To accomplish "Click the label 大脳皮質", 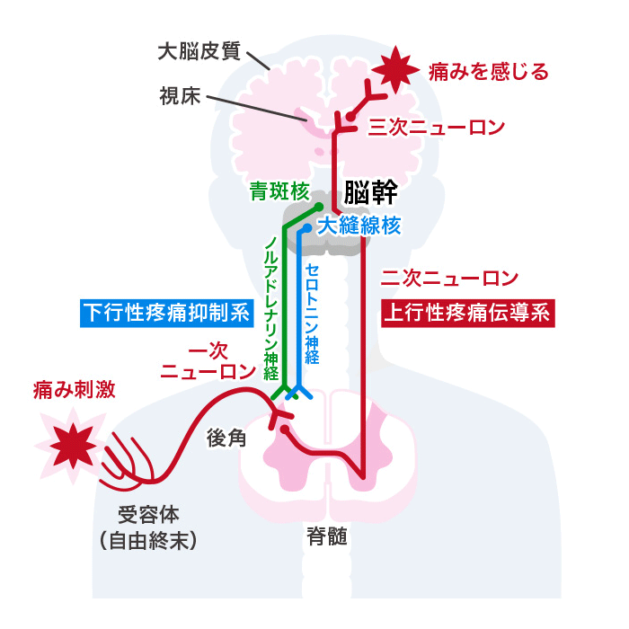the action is (x=199, y=51).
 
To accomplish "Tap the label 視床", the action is (x=180, y=96).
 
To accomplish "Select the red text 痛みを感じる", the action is (x=488, y=72).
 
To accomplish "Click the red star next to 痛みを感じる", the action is (x=395, y=70).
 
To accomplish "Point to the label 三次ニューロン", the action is (x=437, y=128).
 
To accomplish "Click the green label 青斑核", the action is (x=279, y=190).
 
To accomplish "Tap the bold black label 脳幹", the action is (x=371, y=192).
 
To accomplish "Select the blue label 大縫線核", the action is (x=359, y=226).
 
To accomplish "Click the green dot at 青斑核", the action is (x=318, y=207).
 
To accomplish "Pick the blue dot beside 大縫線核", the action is (x=307, y=228).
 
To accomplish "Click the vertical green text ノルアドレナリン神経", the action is (x=271, y=308).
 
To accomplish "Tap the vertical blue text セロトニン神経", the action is (x=312, y=314).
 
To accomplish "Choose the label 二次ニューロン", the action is (x=449, y=278).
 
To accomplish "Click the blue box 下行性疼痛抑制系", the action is (x=167, y=314).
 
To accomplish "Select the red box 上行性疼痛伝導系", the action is (x=468, y=314).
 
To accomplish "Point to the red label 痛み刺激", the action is (x=75, y=389).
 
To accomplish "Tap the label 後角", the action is (x=226, y=438).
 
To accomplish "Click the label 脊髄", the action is (x=326, y=536).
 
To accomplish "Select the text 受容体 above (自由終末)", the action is (x=148, y=515).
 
